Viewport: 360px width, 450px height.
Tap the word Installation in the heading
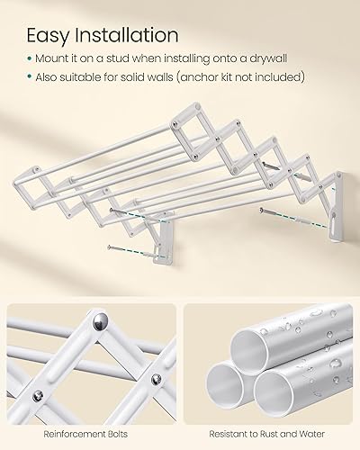click(x=126, y=36)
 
